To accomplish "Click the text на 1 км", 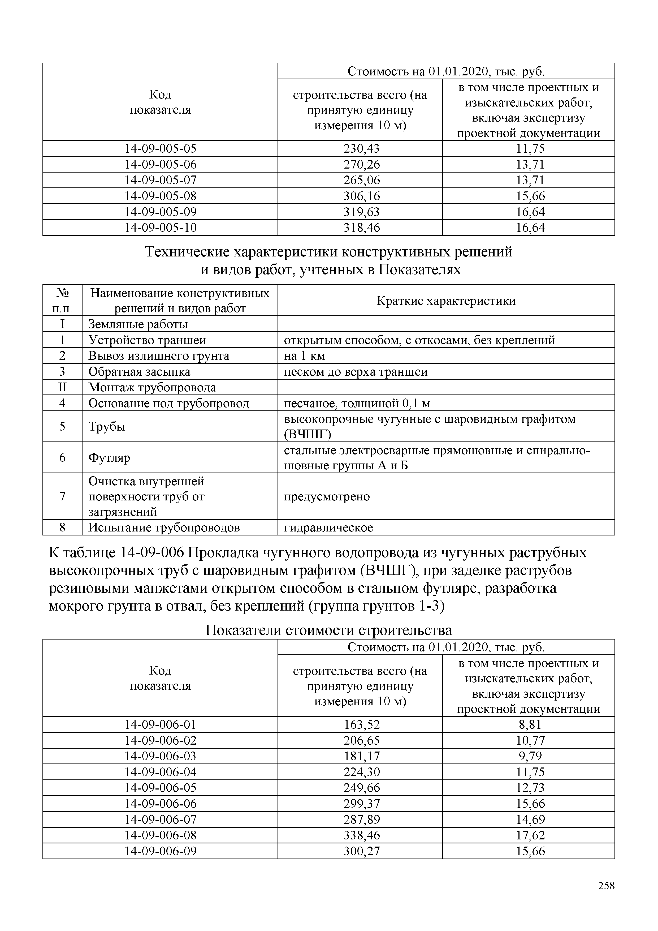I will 304,356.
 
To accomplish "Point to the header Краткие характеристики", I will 446,301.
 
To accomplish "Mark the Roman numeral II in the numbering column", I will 62,388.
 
